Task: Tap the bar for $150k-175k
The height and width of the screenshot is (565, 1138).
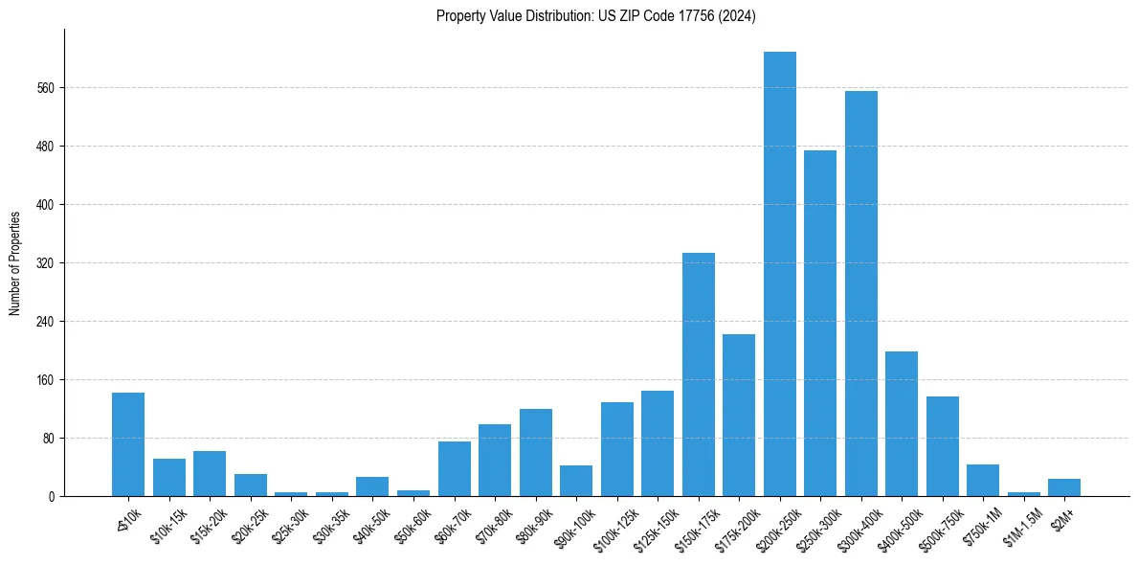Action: pos(698,374)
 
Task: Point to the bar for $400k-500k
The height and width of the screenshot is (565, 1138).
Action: pos(901,423)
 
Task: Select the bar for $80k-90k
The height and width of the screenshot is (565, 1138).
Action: pos(535,452)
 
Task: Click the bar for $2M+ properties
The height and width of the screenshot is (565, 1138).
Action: pos(1063,487)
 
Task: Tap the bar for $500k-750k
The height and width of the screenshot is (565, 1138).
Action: pos(942,446)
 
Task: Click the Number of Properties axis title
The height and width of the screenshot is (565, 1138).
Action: pos(14,263)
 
